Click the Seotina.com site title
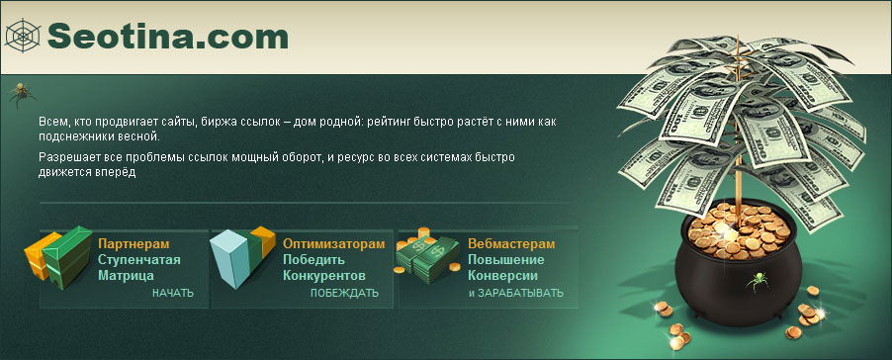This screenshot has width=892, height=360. (x=168, y=37)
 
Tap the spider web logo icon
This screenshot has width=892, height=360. (x=23, y=36)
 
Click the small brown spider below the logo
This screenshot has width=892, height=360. (x=22, y=94)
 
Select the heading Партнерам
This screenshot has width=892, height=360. (x=134, y=244)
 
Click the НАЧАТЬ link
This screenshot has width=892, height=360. (x=173, y=294)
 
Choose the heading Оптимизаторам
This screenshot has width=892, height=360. (x=334, y=244)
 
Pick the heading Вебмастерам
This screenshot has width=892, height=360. (x=511, y=244)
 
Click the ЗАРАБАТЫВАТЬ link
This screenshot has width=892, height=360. (x=520, y=294)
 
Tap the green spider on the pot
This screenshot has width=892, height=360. (x=758, y=281)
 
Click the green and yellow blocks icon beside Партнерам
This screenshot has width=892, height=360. (x=58, y=255)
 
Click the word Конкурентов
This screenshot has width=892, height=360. (x=324, y=276)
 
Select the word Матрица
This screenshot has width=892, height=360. (x=126, y=276)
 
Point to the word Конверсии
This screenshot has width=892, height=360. (x=503, y=276)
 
